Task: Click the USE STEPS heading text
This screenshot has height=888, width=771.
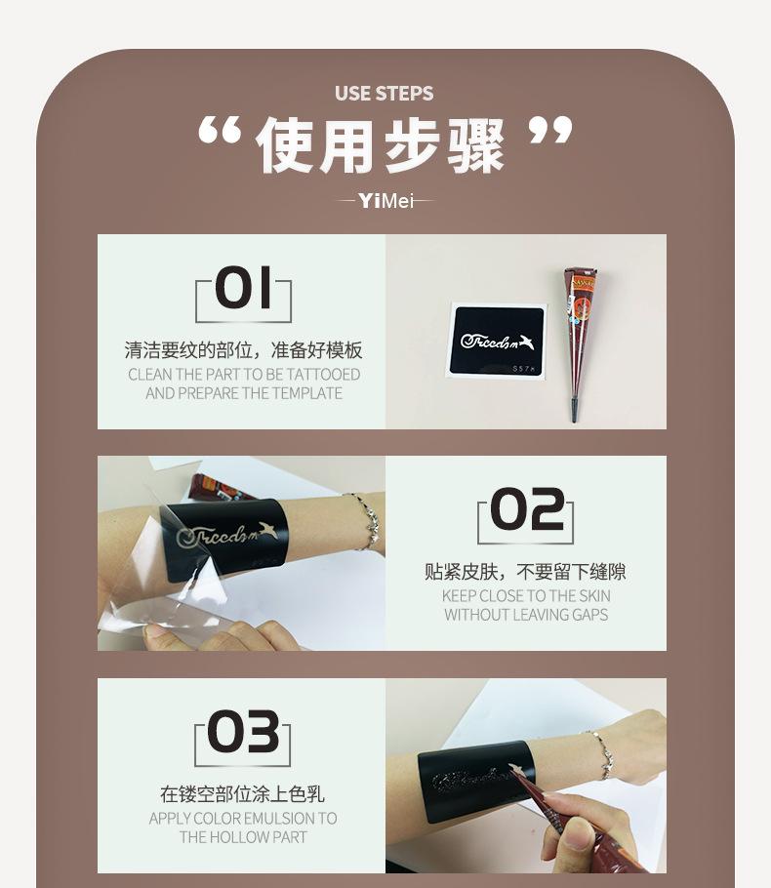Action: pos(384,94)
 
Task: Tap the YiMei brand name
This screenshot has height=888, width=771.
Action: pos(385,201)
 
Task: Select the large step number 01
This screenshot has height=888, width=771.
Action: pos(243,289)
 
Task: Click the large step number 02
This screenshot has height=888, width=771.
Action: pos(526,510)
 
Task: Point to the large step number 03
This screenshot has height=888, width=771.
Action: pos(243,733)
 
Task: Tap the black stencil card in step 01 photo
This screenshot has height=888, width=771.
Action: pos(496,341)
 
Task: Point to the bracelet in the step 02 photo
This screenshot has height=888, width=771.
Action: pos(366,520)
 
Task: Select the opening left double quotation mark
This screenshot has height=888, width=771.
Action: pos(220,133)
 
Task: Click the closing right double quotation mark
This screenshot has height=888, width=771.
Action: pos(550,133)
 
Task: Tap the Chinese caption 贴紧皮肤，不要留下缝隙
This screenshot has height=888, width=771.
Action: pos(525,572)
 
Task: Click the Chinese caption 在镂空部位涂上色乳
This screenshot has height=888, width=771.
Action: pos(243,794)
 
